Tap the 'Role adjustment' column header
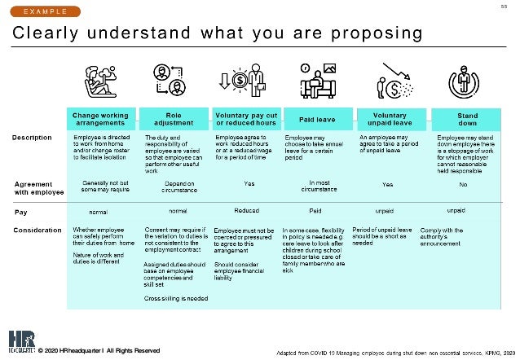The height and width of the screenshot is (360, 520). click(x=173, y=120)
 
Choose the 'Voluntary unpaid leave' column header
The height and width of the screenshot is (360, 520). click(x=389, y=120)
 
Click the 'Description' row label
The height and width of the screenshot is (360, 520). click(x=34, y=137)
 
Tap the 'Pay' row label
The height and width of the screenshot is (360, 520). click(x=21, y=211)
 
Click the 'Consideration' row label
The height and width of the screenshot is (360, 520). click(x=39, y=230)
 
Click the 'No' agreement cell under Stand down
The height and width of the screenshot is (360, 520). click(x=464, y=184)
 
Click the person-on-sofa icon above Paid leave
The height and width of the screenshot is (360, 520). click(x=315, y=78)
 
